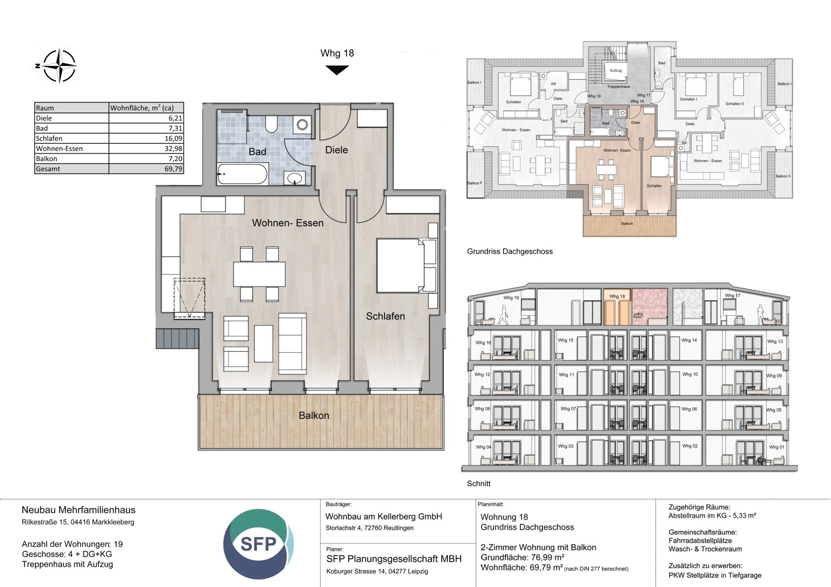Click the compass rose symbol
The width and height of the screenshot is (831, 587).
[x=59, y=66]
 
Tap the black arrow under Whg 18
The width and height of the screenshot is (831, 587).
[x=337, y=70]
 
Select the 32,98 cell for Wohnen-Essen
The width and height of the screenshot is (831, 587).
[x=146, y=149]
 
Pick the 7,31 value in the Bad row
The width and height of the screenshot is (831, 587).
[x=146, y=128]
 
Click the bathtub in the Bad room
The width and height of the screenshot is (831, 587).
[x=242, y=174]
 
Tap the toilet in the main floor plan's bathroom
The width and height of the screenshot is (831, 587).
[x=271, y=124]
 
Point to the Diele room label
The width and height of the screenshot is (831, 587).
[x=336, y=150]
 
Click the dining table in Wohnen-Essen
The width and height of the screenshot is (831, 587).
[x=259, y=274]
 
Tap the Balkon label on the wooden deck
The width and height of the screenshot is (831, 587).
[x=314, y=415]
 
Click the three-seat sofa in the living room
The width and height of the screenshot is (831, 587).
[x=292, y=343]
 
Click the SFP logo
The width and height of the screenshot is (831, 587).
[x=258, y=544]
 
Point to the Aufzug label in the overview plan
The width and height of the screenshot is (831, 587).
[x=615, y=71]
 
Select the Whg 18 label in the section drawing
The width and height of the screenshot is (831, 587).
[x=617, y=296]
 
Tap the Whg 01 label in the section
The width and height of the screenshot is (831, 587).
[x=776, y=447]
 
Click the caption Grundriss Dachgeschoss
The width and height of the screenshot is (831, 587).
[x=510, y=252]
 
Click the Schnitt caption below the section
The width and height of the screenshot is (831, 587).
[x=479, y=484]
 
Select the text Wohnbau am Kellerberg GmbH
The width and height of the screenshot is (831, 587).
[x=384, y=517]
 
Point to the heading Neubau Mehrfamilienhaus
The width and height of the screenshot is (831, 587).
[x=78, y=510]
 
